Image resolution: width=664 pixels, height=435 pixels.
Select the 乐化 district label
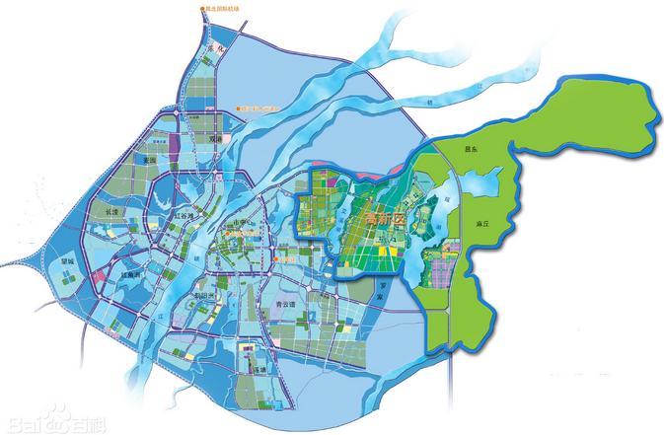209,47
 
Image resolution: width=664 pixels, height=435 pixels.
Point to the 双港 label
216,140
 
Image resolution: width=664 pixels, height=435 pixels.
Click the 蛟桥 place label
150,159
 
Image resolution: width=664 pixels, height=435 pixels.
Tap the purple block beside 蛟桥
175,155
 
